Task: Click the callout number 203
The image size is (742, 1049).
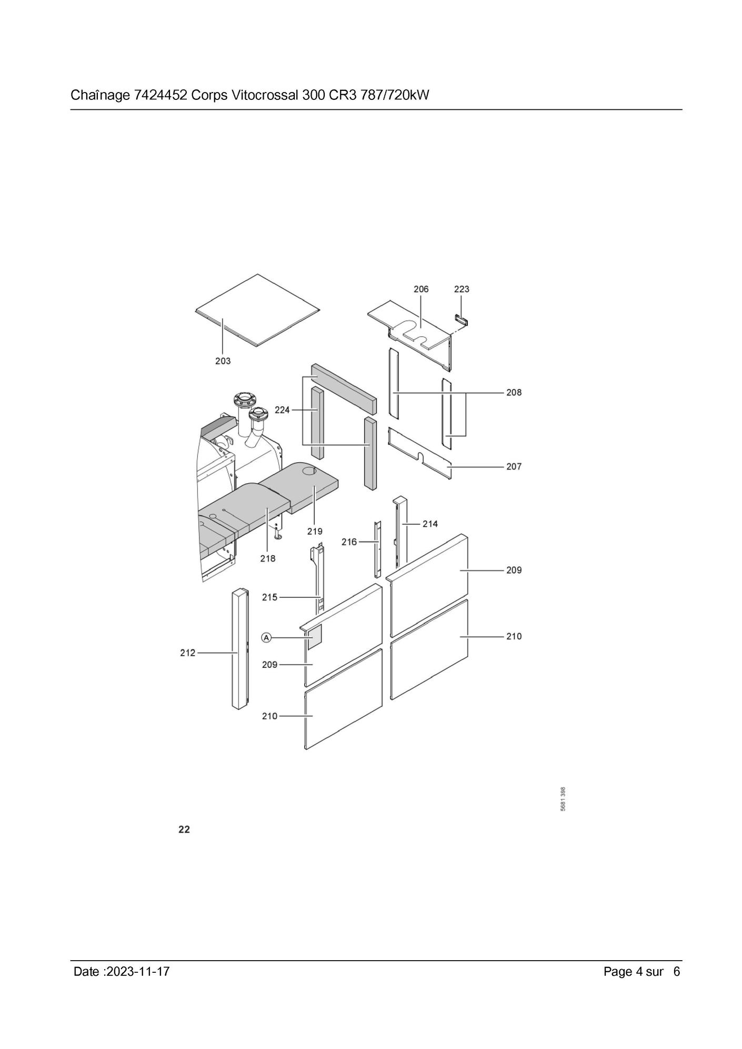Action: coord(223,361)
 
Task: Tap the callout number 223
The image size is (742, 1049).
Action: coord(462,289)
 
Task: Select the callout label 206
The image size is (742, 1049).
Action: coord(421,289)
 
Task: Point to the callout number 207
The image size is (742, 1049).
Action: coord(514,466)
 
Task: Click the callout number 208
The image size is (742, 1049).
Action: coord(514,392)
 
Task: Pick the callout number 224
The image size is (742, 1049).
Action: coord(282,410)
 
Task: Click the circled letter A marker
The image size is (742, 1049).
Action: coord(267,638)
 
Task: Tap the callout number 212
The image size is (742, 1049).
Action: coord(188,653)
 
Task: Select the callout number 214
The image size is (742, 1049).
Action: coord(430,524)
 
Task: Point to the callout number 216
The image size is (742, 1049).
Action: coord(349,542)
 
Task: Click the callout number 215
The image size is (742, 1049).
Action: coord(270,597)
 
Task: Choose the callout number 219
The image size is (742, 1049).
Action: coord(315,532)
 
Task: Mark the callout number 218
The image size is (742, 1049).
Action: coord(267,558)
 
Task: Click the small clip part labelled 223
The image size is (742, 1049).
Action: coord(461,320)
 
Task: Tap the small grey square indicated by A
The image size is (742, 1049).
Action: coord(315,637)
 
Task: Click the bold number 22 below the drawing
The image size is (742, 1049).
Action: coord(184,830)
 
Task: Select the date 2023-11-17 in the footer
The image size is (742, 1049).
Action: coord(138,972)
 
